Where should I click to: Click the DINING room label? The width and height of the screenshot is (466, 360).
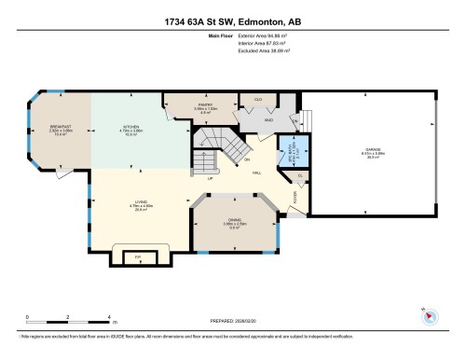[235, 220]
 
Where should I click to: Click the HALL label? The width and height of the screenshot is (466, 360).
[254, 172]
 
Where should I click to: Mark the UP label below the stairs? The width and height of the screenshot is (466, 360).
[212, 179]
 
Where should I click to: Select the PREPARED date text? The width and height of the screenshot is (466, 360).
[233, 322]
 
